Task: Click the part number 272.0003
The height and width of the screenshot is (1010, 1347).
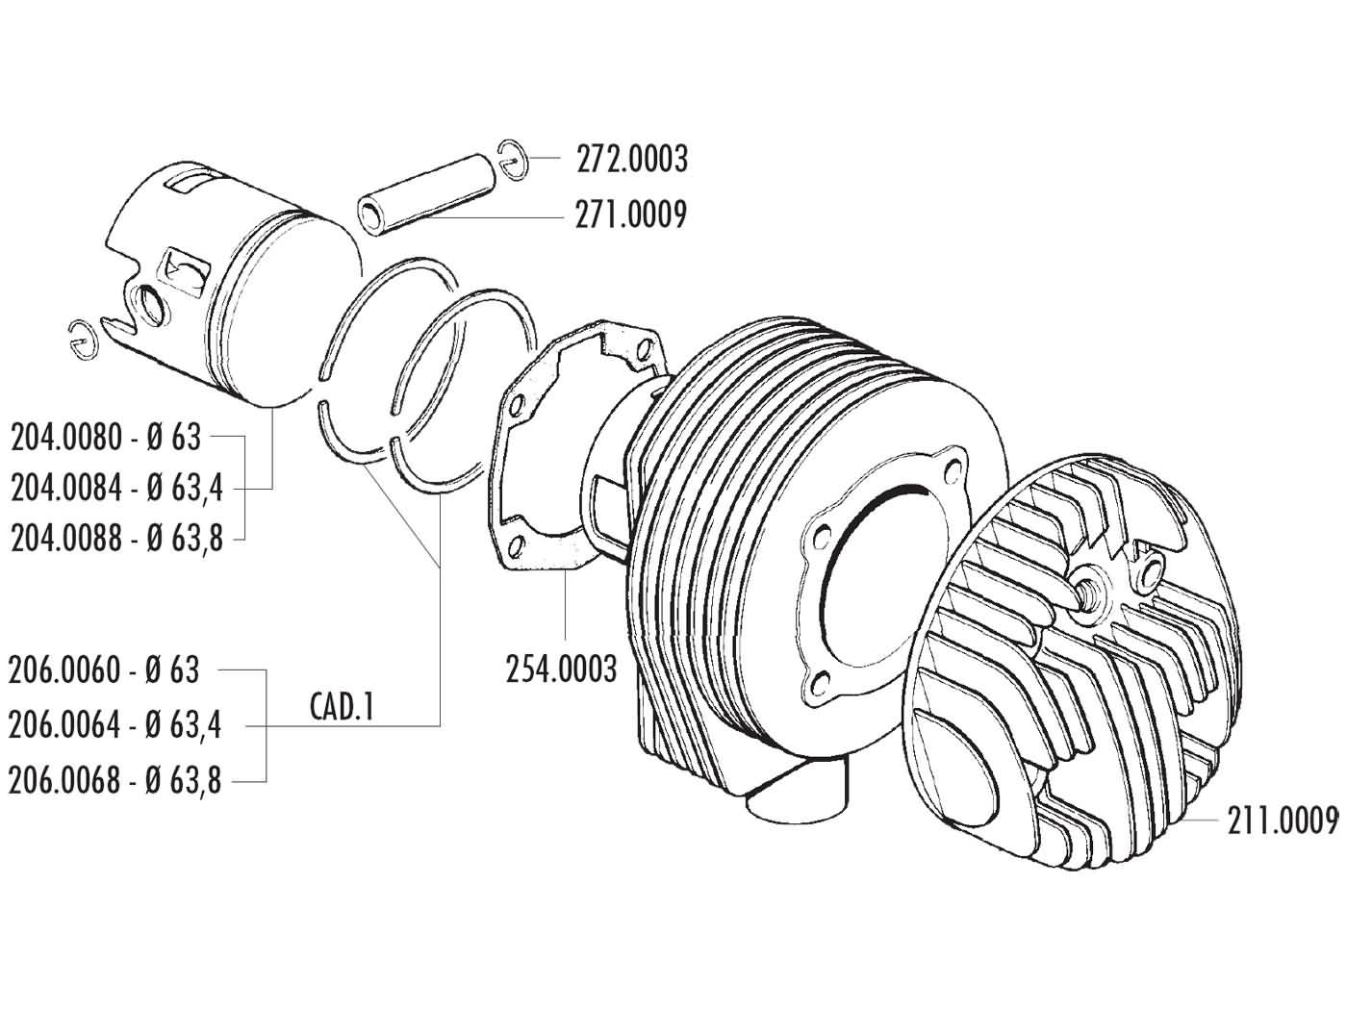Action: (x=631, y=159)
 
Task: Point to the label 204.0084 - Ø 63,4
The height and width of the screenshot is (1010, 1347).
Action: (x=116, y=488)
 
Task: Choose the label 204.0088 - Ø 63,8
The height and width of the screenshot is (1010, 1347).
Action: (x=116, y=538)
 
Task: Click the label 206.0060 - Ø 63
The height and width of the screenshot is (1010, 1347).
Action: (x=104, y=669)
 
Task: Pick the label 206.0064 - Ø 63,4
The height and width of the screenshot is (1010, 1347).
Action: (x=114, y=724)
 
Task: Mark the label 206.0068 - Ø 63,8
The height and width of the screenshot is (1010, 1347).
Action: (x=114, y=779)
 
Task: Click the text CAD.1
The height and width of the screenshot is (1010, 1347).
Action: (x=342, y=708)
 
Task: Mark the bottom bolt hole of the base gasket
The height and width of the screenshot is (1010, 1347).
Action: (x=521, y=549)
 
